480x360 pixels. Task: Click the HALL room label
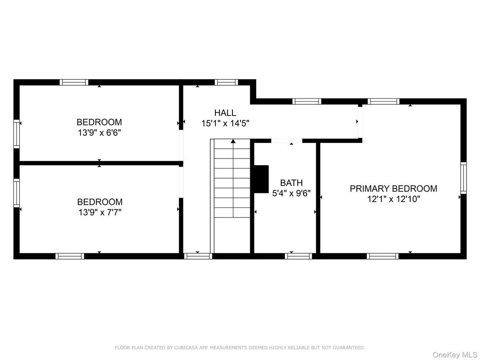coord(225,113)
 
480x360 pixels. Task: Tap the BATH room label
coord(291,183)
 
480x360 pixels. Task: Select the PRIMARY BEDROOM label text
coord(393,189)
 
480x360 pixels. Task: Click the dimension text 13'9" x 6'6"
coord(99,133)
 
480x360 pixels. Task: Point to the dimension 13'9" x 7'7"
coord(99,212)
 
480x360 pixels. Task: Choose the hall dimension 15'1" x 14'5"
coord(225,123)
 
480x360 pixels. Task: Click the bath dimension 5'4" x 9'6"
coord(291,194)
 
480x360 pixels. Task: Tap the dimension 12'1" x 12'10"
coord(393,199)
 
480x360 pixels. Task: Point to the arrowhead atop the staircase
coord(233,141)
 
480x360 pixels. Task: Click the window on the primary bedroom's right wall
coord(463,178)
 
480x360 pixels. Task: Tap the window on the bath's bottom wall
coord(298,256)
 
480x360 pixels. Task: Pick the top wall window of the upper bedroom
coord(74,82)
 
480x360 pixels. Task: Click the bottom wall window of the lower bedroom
coord(69,256)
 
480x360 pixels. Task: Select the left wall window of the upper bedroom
coord(17,134)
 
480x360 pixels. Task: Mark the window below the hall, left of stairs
coord(198,256)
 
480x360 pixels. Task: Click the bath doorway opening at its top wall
coord(287,141)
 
